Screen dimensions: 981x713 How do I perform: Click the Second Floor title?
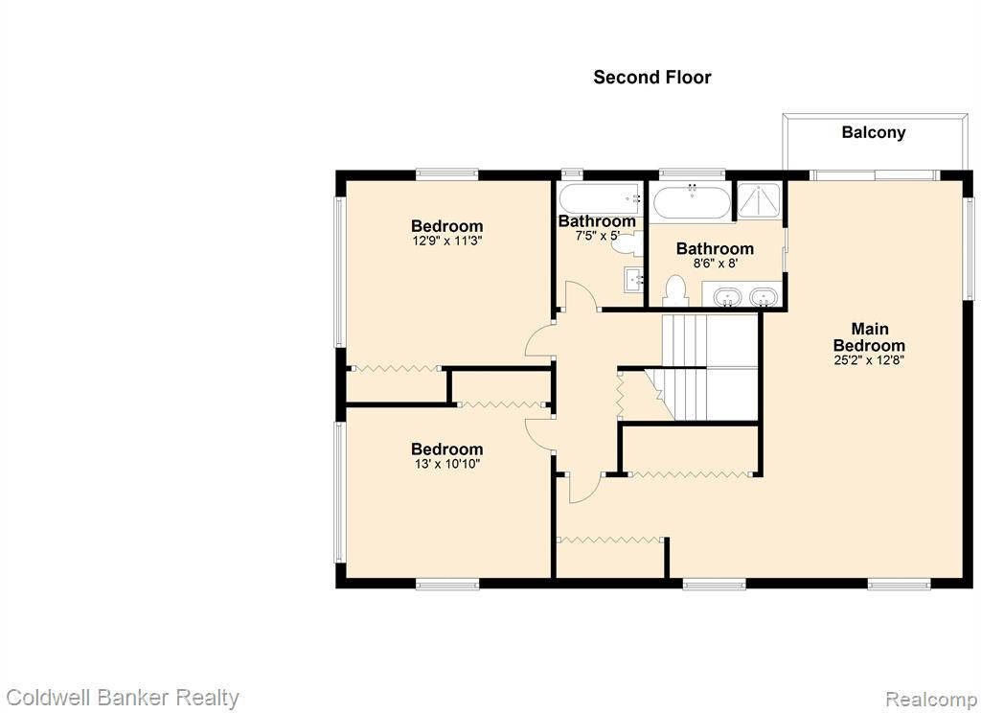651,77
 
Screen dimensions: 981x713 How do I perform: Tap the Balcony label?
874,132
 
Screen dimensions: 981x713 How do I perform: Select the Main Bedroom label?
869,336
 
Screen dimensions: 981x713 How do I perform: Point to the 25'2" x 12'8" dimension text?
869,360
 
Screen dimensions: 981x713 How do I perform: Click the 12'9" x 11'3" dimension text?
446,241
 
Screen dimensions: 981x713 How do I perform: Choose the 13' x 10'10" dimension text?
446,464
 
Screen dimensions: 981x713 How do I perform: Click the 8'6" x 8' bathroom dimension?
715,264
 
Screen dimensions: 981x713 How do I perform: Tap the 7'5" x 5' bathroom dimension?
597,236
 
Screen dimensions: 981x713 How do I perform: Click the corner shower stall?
759,200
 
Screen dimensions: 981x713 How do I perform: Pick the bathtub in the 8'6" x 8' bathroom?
692,201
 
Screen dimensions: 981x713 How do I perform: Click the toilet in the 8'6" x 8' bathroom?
675,290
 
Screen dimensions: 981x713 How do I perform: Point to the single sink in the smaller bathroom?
633,280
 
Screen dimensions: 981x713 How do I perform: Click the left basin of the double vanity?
727,297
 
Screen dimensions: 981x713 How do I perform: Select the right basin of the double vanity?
763,297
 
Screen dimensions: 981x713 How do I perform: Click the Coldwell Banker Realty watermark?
122,698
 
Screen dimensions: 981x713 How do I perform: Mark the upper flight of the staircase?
710,340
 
